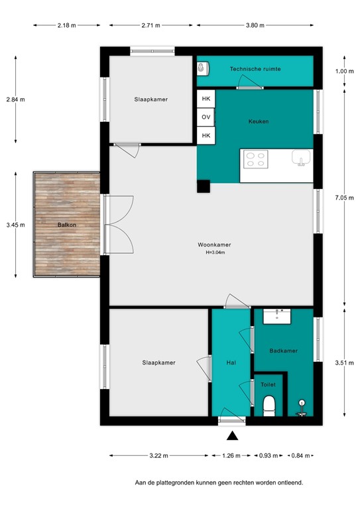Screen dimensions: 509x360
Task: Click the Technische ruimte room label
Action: pyautogui.click(x=255, y=69)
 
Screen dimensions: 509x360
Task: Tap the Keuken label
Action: pyautogui.click(x=259, y=121)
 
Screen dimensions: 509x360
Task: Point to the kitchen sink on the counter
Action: pyautogui.click(x=301, y=158)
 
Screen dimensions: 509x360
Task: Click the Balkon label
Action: pyautogui.click(x=66, y=225)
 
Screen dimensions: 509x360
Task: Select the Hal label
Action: pyautogui.click(x=231, y=363)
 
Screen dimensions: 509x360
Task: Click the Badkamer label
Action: pyautogui.click(x=283, y=351)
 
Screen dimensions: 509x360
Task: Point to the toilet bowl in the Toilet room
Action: pyautogui.click(x=269, y=404)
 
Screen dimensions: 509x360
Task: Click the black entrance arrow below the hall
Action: pyautogui.click(x=232, y=435)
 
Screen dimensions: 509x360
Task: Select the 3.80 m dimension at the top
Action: pyautogui.click(x=255, y=25)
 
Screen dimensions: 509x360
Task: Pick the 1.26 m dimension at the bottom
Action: pyautogui.click(x=231, y=456)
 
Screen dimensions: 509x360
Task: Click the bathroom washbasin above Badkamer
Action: pyautogui.click(x=273, y=315)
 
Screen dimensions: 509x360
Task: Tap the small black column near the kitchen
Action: pyautogui.click(x=202, y=187)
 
